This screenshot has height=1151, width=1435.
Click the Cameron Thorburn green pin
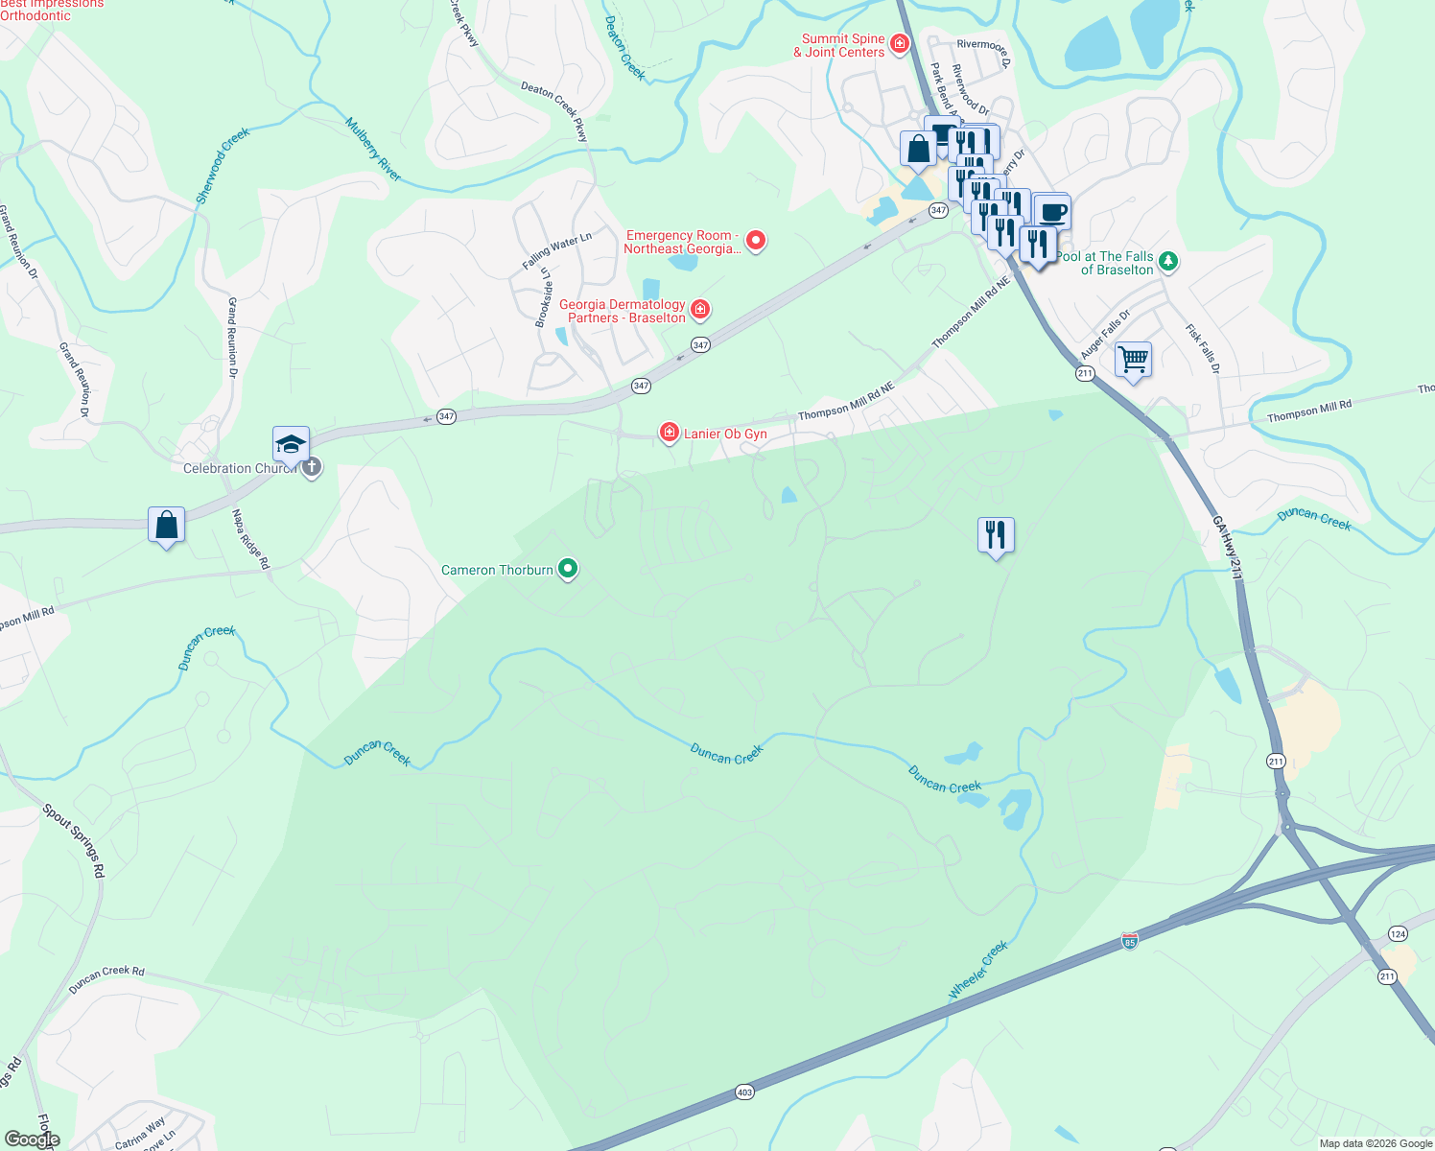tap(568, 570)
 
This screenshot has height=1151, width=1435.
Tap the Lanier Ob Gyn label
tap(725, 434)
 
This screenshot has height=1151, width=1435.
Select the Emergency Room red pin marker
tap(756, 241)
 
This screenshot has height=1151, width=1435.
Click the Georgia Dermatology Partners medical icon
tap(700, 309)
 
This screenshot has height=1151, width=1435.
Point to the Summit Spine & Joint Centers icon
tap(899, 43)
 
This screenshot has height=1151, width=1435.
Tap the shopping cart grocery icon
tap(1134, 360)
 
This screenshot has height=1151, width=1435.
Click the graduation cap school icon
tap(291, 444)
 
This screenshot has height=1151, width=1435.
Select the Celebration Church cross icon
tap(311, 468)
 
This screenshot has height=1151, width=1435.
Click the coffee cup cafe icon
tap(1052, 211)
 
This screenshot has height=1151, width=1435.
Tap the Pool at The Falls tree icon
tap(1167, 260)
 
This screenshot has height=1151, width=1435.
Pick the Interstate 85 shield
tap(1129, 942)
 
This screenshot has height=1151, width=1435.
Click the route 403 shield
tap(744, 1092)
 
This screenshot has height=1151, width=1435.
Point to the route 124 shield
tap(1398, 933)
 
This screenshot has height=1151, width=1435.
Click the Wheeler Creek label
tap(978, 970)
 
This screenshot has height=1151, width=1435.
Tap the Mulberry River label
tap(373, 150)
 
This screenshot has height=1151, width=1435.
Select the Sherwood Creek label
tap(223, 165)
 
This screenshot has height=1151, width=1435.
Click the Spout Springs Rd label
tap(74, 841)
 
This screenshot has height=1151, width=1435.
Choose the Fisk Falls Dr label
tap(1203, 348)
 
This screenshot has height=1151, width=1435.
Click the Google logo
tap(32, 1139)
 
